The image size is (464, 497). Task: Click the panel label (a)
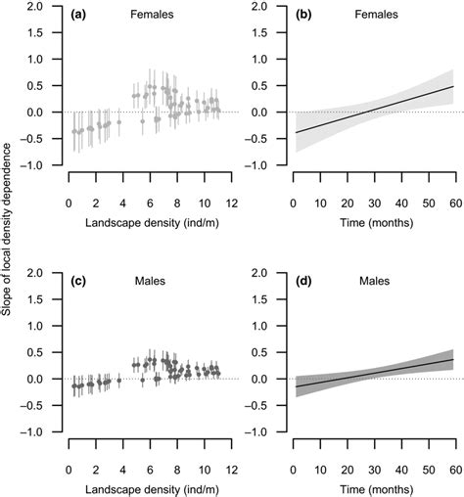[81, 16]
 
